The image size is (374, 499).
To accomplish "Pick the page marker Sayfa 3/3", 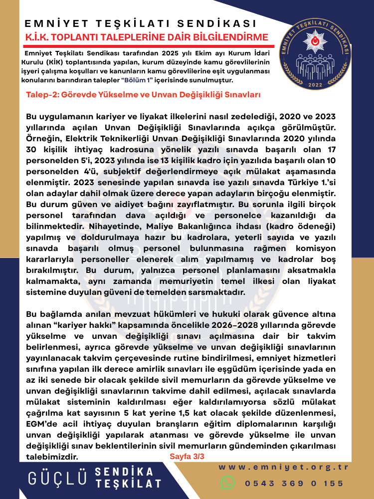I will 187,456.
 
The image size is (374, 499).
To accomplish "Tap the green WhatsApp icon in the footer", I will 227,483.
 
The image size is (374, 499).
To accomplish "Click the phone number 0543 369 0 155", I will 294,483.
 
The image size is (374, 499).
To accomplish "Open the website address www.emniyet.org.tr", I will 284,468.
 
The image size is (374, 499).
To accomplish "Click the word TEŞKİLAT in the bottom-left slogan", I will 129,484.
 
